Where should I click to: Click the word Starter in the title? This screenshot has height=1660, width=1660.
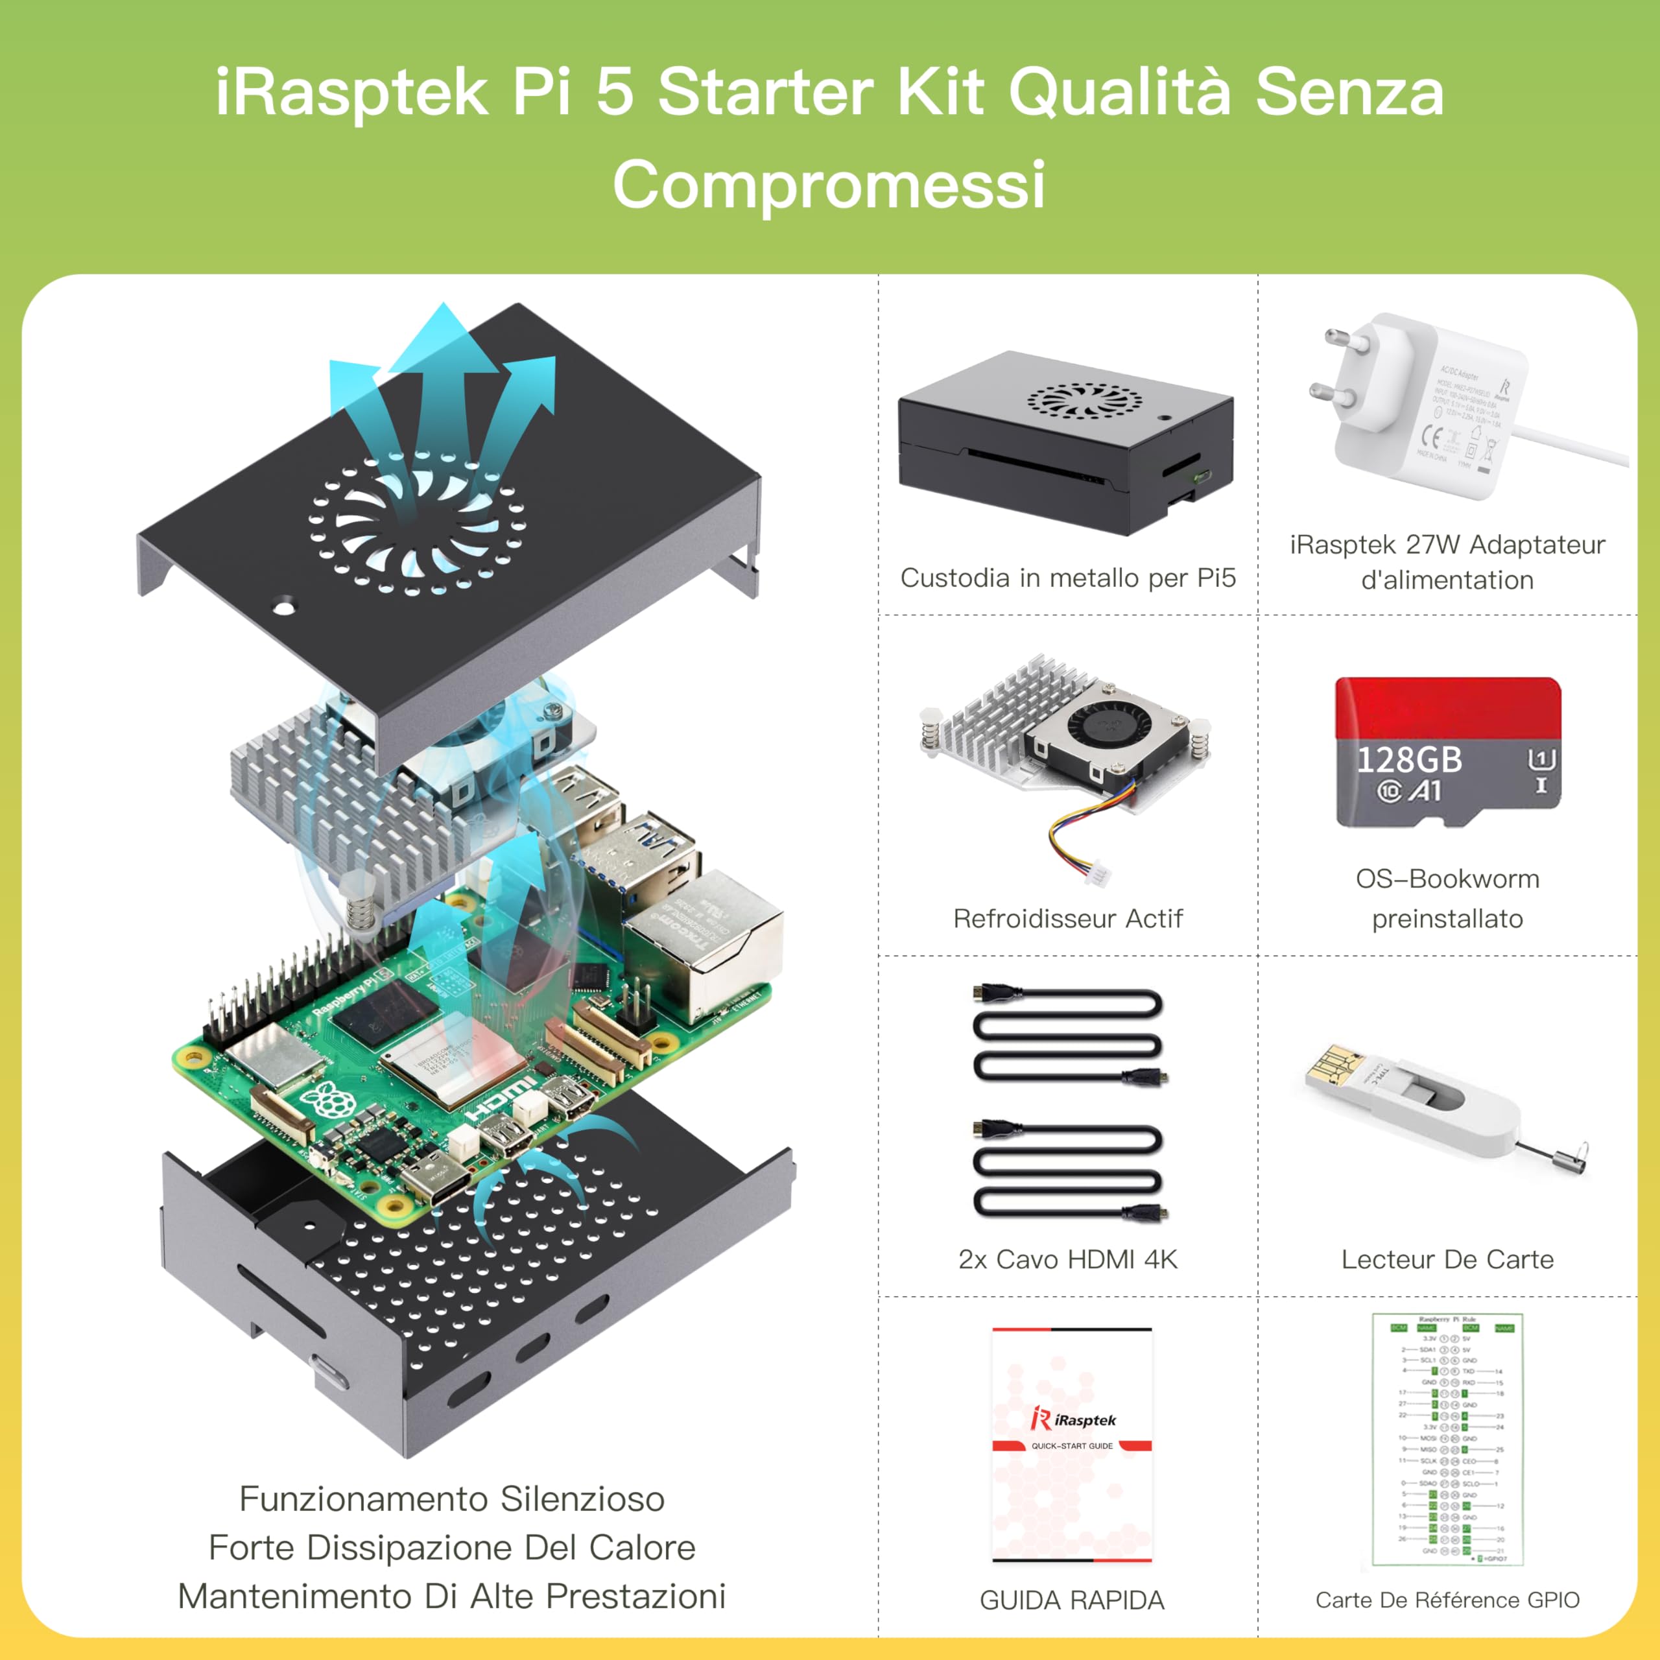pos(765,93)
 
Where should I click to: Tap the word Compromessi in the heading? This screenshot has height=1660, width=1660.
pos(829,184)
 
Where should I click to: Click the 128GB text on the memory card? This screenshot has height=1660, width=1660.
pos(1408,759)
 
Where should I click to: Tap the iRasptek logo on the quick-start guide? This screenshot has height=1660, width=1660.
pos(1073,1419)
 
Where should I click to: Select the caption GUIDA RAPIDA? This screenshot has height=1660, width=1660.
pos(1071,1600)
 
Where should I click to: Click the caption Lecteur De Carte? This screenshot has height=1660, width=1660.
pos(1447,1260)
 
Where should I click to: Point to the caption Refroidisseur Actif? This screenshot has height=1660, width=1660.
pos(1067,918)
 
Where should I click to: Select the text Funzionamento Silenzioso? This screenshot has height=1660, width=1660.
pos(451,1499)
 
